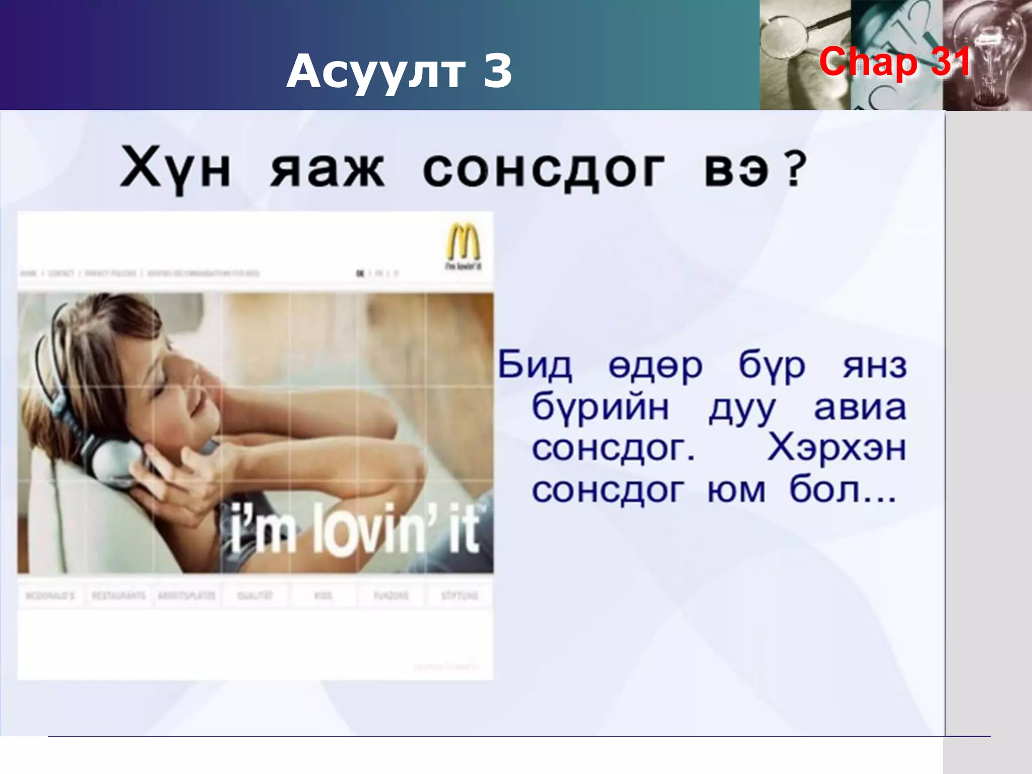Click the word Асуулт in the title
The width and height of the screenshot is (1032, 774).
coord(375,72)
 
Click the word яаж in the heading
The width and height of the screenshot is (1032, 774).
coord(328,169)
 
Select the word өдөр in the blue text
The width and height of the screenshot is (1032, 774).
coord(655,366)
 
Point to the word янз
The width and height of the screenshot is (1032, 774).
coord(875,366)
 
